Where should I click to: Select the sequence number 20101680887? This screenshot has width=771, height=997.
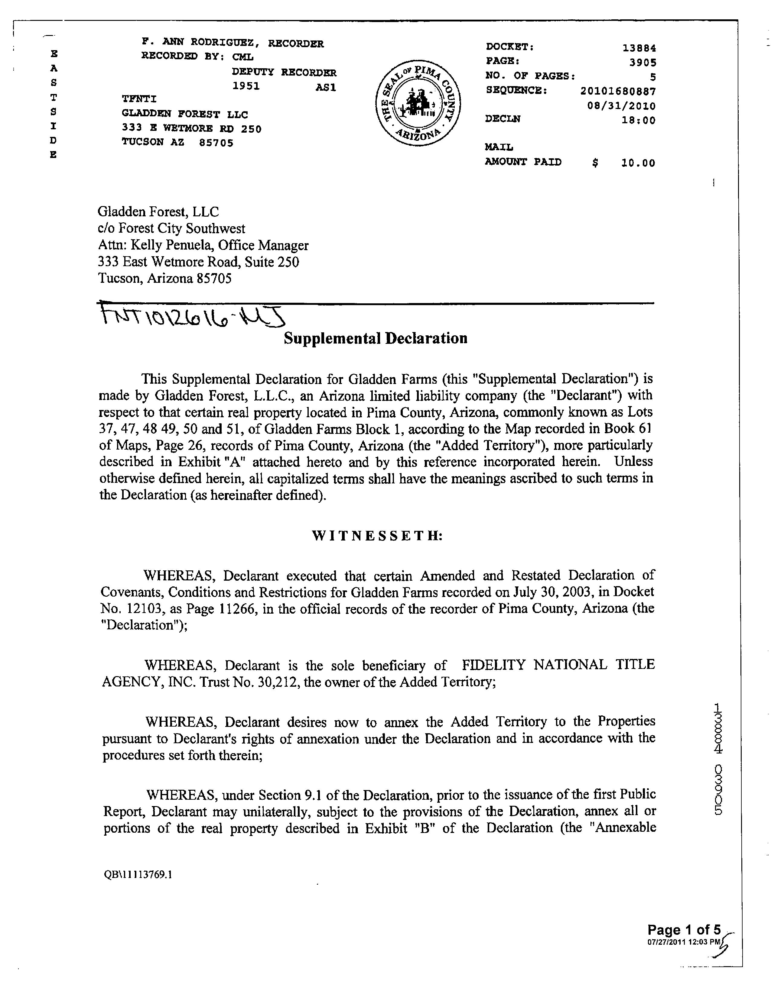coord(618,91)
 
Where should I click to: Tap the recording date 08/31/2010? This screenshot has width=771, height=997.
coord(621,106)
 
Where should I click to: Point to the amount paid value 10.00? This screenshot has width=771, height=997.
coord(638,163)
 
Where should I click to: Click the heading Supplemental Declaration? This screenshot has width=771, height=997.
coord(376,338)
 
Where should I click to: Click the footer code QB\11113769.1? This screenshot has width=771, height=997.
coord(138,875)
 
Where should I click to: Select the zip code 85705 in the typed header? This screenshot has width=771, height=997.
coord(216,143)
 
